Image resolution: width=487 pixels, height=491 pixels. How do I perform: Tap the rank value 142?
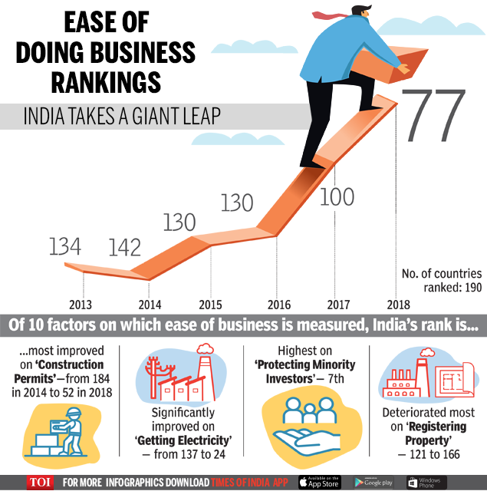coord(125,248)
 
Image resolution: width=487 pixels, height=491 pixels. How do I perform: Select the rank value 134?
coord(65,246)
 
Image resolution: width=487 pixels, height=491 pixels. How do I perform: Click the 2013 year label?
coord(81,303)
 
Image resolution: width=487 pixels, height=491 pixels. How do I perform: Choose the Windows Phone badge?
coord(426,482)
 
